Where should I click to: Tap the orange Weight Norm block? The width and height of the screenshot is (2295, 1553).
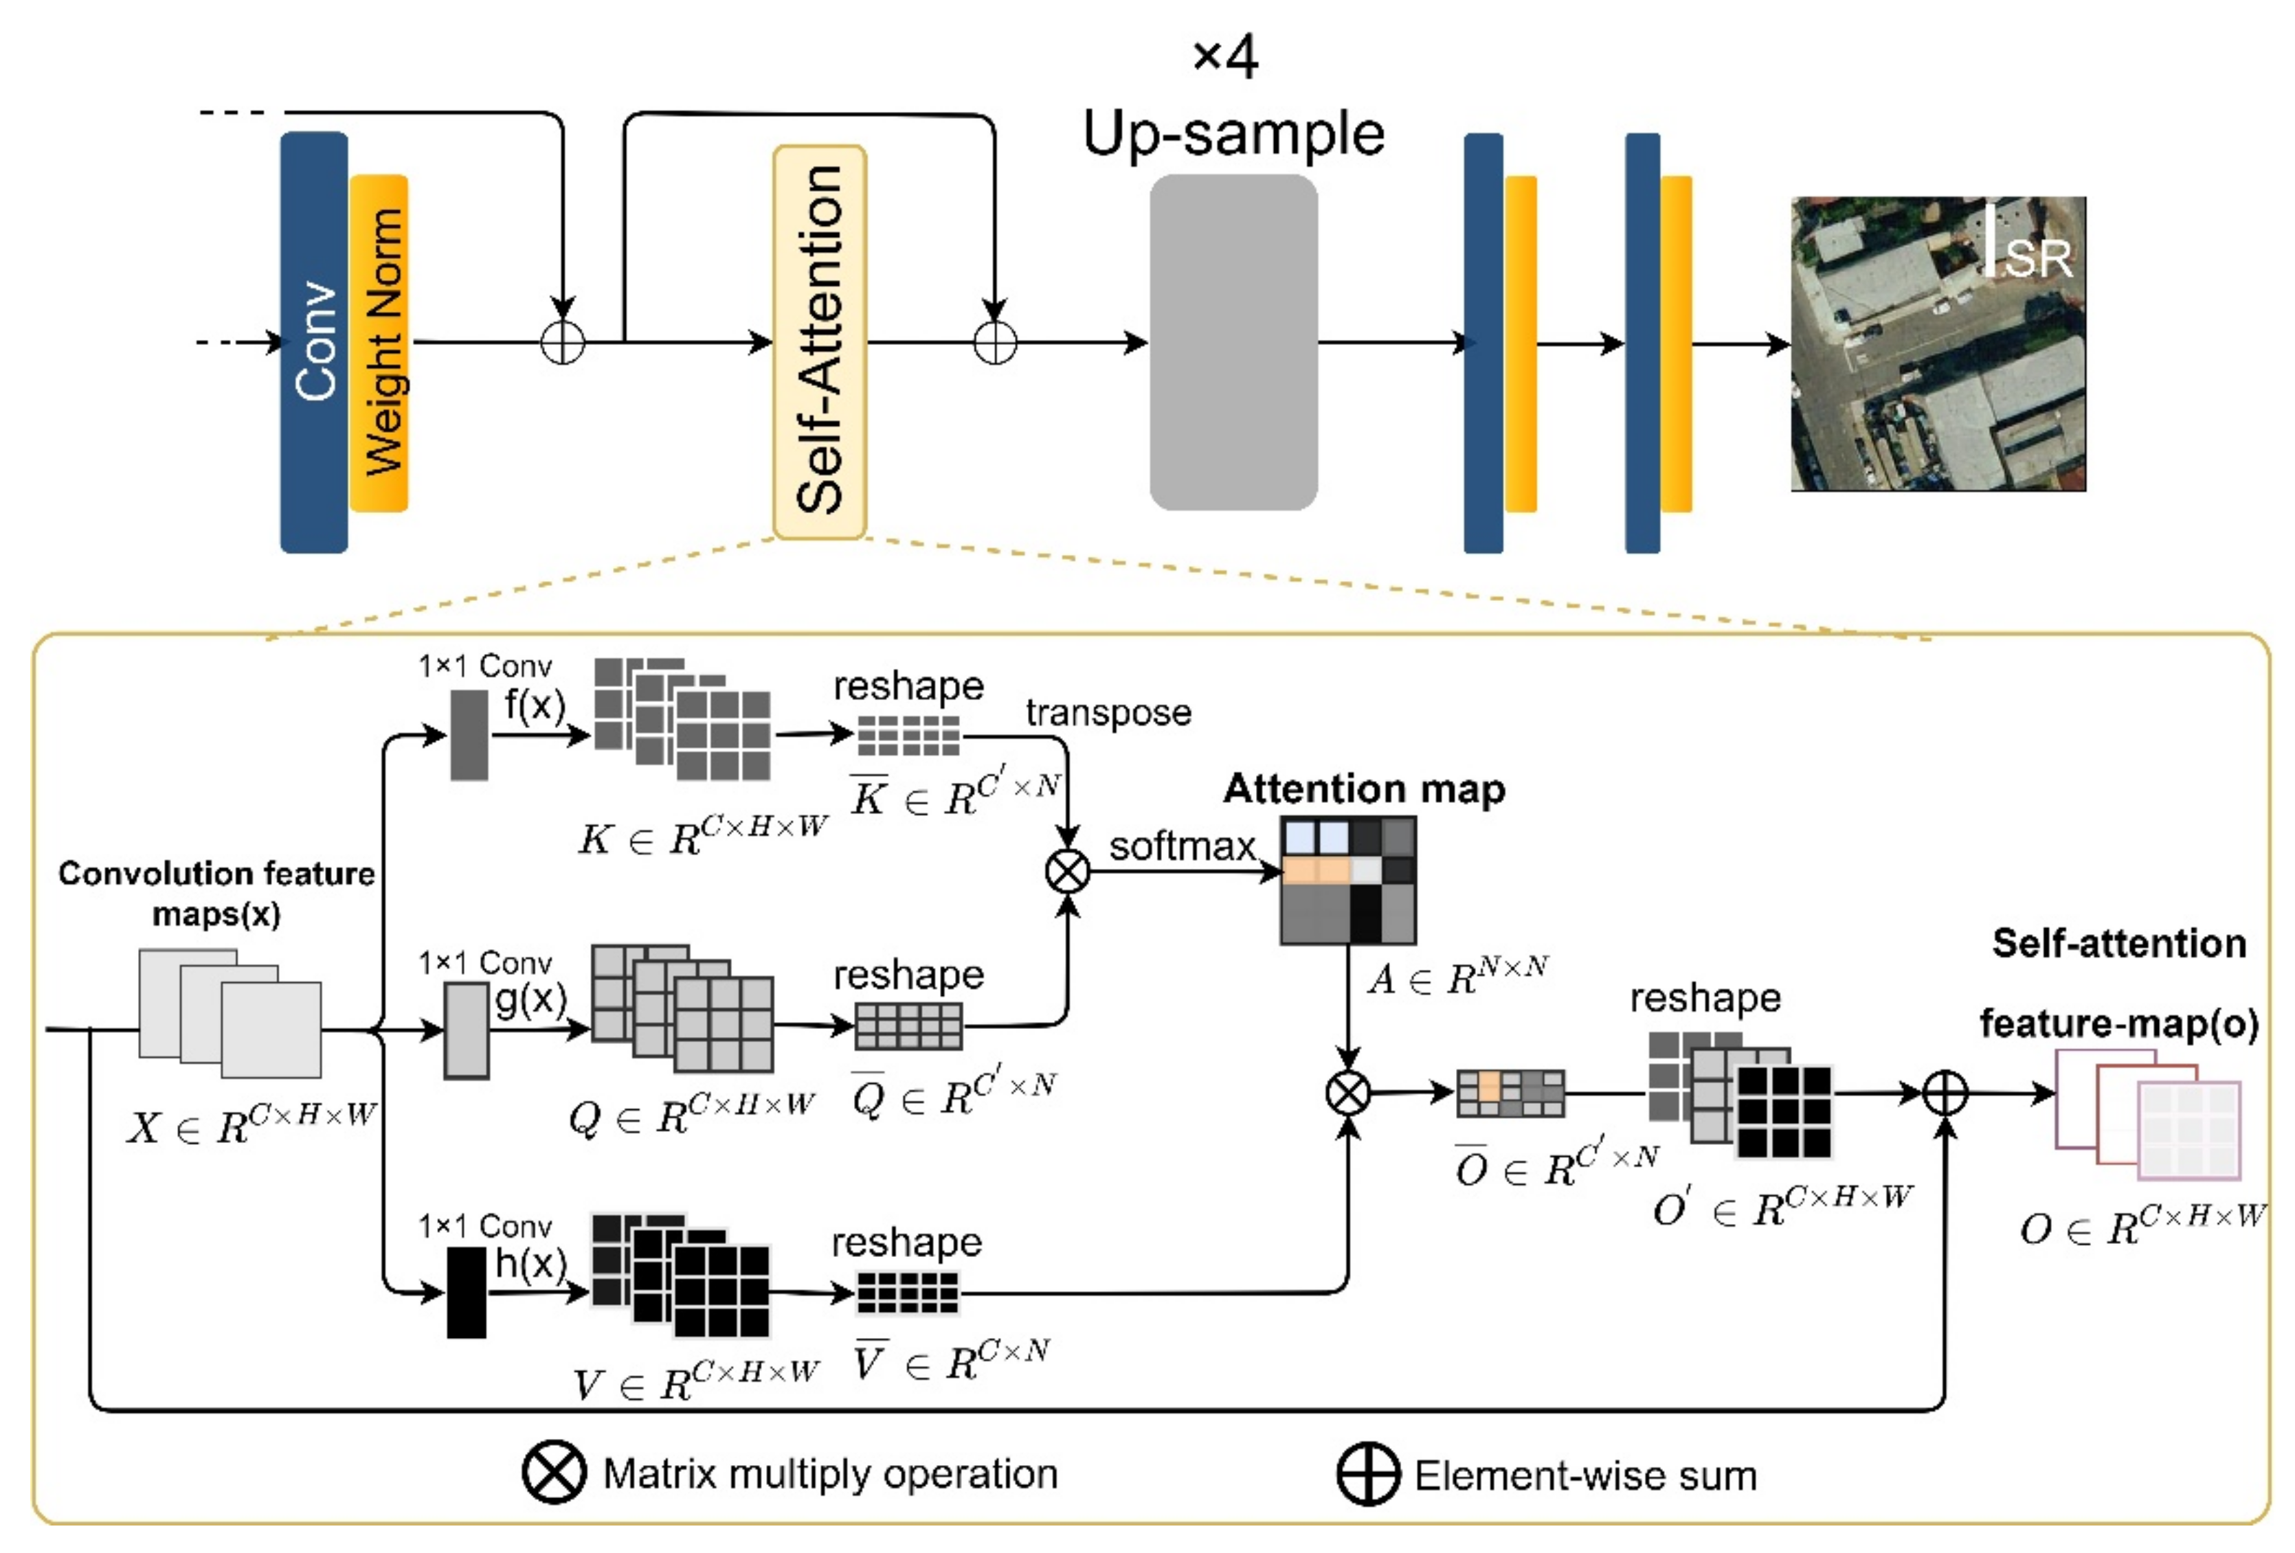(379, 343)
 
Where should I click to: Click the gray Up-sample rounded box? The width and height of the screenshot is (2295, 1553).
(1233, 343)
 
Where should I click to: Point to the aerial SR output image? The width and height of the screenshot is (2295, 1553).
(1938, 343)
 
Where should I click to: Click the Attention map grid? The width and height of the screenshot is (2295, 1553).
(1348, 880)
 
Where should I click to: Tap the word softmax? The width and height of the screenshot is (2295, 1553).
(1181, 846)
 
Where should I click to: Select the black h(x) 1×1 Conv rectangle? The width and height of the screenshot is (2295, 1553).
(466, 1293)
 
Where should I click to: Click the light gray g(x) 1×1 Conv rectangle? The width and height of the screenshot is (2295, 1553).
(466, 1030)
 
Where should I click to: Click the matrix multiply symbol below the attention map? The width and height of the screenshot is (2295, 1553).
(1348, 1093)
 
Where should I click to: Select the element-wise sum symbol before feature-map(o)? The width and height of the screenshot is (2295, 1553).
(1945, 1093)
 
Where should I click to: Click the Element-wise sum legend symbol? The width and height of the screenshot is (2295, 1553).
(1367, 1474)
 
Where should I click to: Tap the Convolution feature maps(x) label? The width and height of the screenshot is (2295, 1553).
(216, 892)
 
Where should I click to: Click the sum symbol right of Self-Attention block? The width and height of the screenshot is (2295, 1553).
(994, 343)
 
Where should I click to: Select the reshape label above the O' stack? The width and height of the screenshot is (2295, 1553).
(1705, 997)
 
